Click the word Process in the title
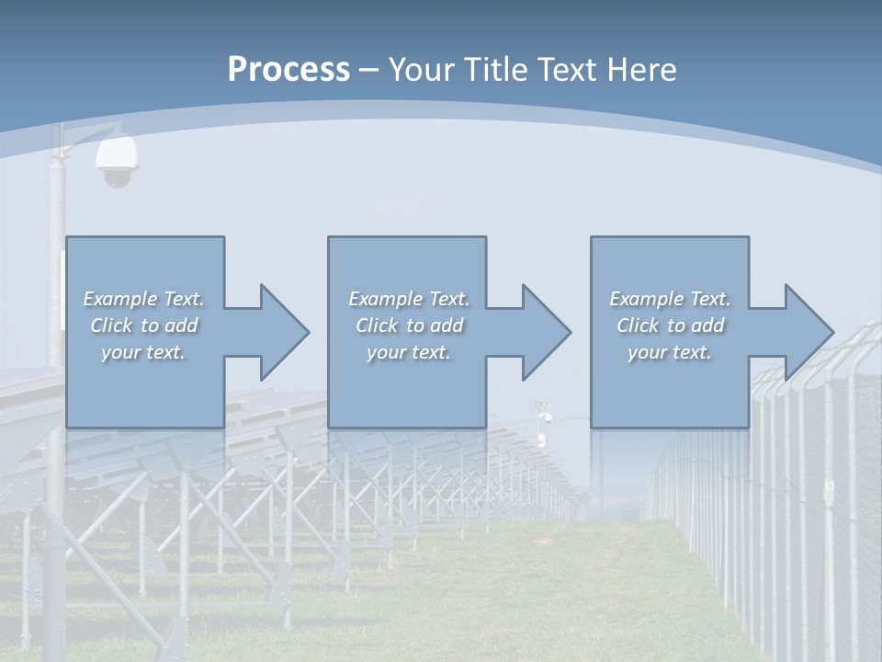pyautogui.click(x=288, y=70)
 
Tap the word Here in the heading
pyautogui.click(x=643, y=70)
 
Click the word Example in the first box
pyautogui.click(x=120, y=299)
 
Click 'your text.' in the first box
pyautogui.click(x=143, y=352)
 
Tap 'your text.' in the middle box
pyautogui.click(x=409, y=352)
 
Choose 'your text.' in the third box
pyautogui.click(x=670, y=352)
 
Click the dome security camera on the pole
pyautogui.click(x=117, y=161)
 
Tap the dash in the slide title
pyautogui.click(x=369, y=70)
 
